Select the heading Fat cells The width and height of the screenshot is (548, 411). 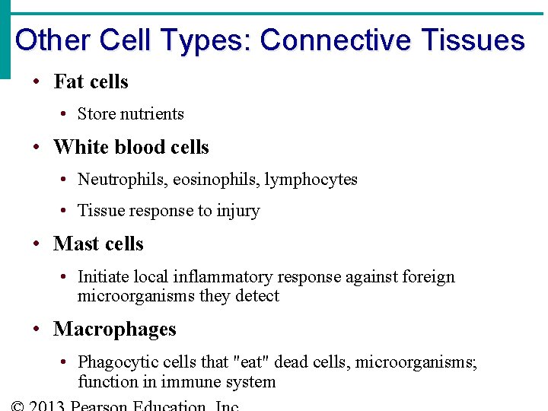[x=91, y=81]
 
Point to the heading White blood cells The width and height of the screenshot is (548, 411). [x=131, y=147]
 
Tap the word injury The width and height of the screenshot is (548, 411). [x=238, y=211]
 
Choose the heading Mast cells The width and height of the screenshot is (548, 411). [x=98, y=244]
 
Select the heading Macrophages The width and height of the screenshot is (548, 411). [x=114, y=330]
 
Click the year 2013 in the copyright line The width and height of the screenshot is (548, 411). [x=46, y=406]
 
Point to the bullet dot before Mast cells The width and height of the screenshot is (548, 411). [x=37, y=244]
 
